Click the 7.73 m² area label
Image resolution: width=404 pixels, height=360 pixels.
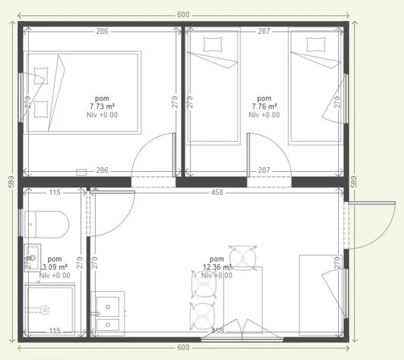[102, 107]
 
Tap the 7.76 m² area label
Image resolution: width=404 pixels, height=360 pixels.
[264, 107]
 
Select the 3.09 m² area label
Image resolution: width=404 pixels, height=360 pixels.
[55, 267]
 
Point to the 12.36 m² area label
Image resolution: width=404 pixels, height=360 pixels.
[217, 267]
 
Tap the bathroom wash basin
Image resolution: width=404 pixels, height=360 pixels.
[32, 258]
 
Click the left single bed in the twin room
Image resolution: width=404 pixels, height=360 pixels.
[214, 87]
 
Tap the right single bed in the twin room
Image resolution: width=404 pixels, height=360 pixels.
[315, 87]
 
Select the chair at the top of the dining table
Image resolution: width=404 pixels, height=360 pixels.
[242, 256]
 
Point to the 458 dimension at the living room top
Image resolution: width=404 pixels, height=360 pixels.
[217, 193]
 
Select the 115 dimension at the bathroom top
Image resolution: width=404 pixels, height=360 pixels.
[54, 193]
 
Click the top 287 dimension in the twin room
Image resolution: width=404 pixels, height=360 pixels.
[264, 31]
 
